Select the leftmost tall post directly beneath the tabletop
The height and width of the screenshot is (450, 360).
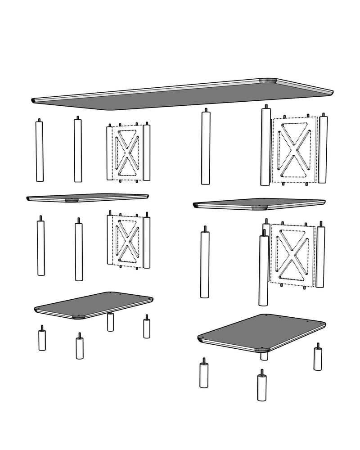pos(40,151)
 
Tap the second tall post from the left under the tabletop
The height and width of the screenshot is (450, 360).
pos(78,151)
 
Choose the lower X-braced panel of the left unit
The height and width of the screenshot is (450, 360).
pos(128,241)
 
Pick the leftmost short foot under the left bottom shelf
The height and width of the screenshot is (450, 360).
pos(42,340)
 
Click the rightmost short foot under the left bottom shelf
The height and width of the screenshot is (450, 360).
pos(147,328)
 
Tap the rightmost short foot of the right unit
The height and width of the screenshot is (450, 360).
pos(318,358)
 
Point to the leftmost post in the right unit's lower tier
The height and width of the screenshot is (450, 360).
pos(205,263)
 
